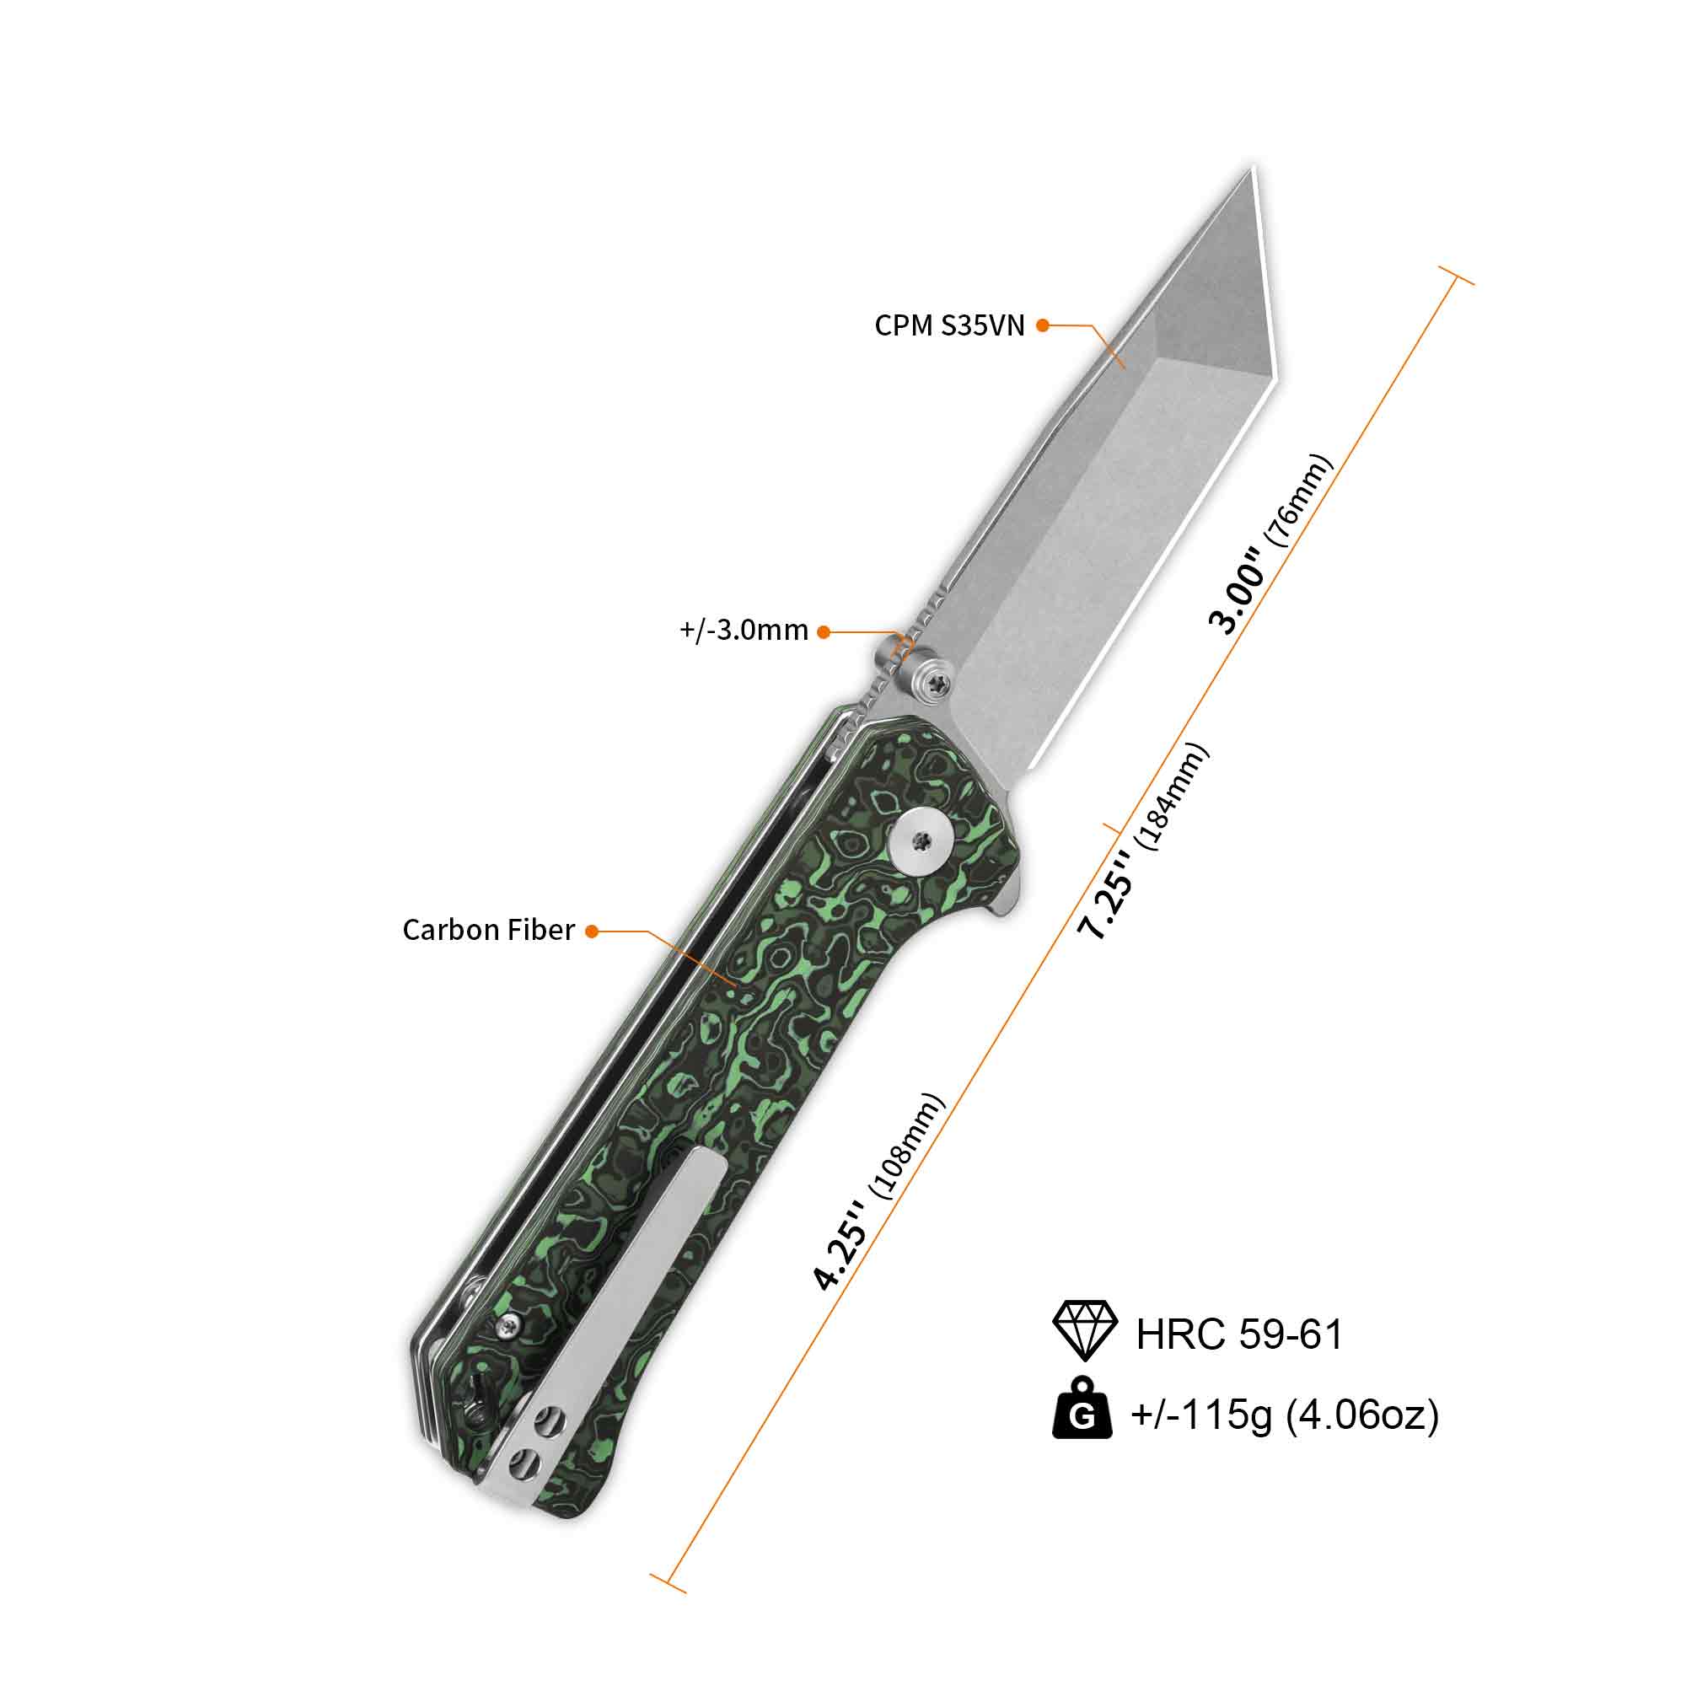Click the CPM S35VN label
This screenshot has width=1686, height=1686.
pyautogui.click(x=949, y=325)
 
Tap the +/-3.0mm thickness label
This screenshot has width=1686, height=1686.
pyautogui.click(x=744, y=630)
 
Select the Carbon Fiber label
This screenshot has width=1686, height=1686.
pyautogui.click(x=489, y=931)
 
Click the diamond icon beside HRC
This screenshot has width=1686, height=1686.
pyautogui.click(x=1085, y=1331)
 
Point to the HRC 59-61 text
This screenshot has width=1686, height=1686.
pyautogui.click(x=1239, y=1333)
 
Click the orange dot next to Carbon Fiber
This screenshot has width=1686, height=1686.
pyautogui.click(x=592, y=932)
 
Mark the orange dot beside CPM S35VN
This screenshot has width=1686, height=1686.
pyautogui.click(x=1042, y=325)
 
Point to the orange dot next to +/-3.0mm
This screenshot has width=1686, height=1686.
pyautogui.click(x=824, y=631)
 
